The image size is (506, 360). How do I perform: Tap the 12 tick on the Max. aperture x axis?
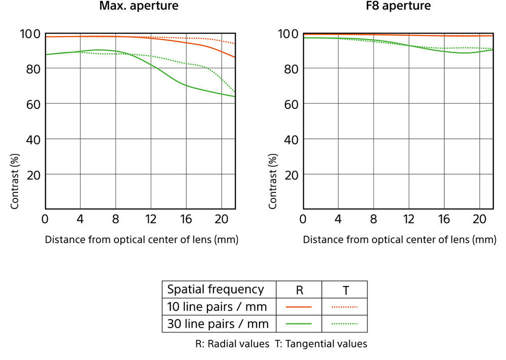click(151, 219)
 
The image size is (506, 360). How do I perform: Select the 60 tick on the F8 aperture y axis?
click(291, 104)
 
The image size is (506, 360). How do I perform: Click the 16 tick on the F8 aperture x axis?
click(444, 219)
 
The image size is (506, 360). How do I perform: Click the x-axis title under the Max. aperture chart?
click(142, 239)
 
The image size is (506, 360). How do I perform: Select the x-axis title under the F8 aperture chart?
click(399, 239)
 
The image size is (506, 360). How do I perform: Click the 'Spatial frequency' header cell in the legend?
click(216, 290)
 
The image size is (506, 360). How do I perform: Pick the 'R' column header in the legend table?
click(299, 290)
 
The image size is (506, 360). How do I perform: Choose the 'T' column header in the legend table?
click(345, 290)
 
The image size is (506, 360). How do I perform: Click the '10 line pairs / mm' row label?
click(217, 307)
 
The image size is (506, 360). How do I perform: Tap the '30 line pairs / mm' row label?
click(217, 324)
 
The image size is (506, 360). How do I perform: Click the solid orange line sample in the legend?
click(299, 307)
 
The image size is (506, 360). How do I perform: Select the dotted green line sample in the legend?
click(345, 324)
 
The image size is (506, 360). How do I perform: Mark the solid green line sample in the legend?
click(299, 324)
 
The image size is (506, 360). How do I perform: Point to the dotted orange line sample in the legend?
click(345, 307)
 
